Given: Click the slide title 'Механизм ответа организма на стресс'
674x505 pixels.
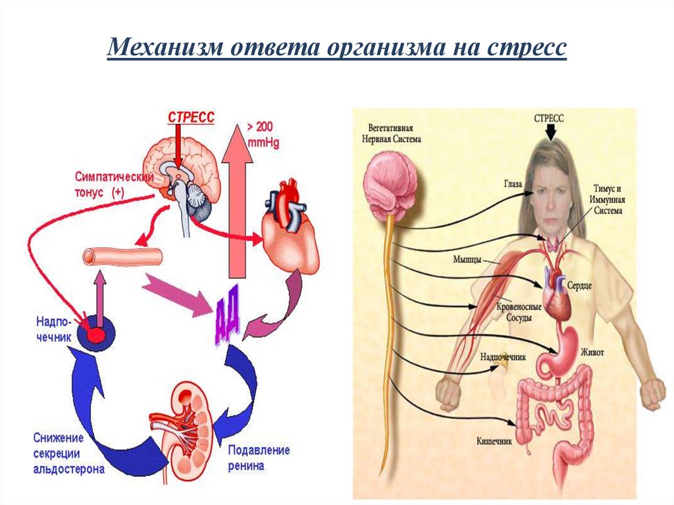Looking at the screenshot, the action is click(336, 49).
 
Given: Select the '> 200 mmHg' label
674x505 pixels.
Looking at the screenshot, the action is click(263, 135).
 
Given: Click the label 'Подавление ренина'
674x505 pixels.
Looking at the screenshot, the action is click(259, 458).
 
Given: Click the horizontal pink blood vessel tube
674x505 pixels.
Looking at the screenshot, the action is click(123, 257).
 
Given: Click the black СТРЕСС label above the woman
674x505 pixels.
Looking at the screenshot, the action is click(548, 119).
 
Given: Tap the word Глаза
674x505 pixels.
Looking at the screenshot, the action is click(513, 186).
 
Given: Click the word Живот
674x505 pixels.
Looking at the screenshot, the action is click(590, 352).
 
